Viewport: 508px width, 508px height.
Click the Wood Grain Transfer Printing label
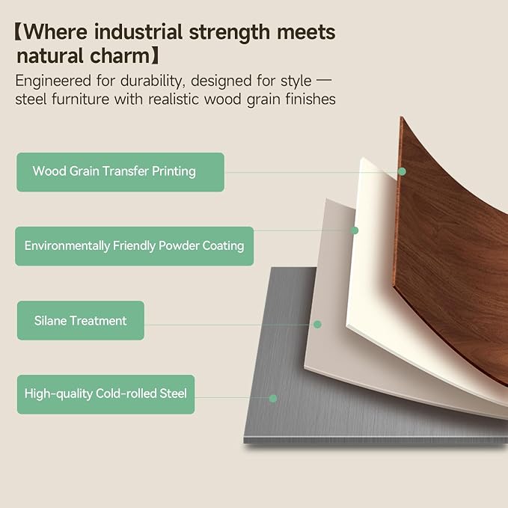pos(120,172)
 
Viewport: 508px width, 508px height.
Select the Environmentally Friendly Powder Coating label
pos(134,246)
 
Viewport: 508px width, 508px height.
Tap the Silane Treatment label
pos(81,320)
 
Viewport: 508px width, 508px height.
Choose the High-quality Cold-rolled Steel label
pos(105,394)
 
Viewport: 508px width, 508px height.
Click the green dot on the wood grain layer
pos(402,171)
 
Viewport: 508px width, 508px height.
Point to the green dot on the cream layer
pos(355,230)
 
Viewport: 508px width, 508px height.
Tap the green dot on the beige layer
pos(317,324)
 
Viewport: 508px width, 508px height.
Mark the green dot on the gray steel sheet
pos(273,398)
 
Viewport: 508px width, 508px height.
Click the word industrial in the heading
pos(138,32)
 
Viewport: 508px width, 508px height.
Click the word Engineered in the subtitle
pos(53,82)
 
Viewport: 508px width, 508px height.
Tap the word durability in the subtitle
pos(153,82)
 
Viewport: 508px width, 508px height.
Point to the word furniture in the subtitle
pos(81,99)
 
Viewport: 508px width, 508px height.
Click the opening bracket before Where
pos(18,31)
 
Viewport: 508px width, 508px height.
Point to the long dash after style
pos(323,80)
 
